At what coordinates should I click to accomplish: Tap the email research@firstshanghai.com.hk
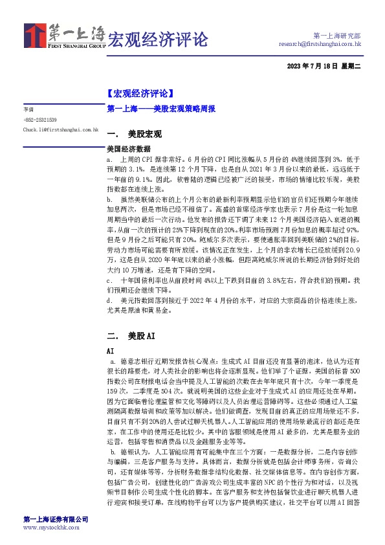click(320, 44)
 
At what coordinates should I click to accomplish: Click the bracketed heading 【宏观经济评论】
click(140, 93)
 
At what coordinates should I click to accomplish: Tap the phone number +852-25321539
click(40, 120)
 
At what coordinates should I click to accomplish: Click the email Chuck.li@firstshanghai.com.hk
click(60, 129)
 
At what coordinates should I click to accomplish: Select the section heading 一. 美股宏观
click(134, 135)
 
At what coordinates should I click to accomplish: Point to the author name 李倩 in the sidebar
click(28, 110)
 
